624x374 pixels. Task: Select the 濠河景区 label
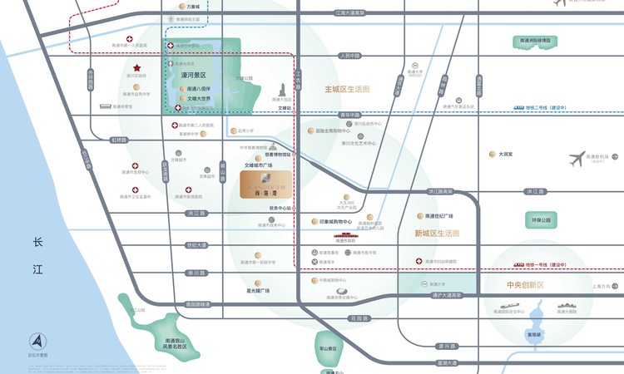[194, 75]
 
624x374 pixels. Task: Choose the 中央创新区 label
[524, 285]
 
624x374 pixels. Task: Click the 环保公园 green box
[542, 220]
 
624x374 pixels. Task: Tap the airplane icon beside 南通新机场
[577, 159]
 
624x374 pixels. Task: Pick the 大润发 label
[506, 154]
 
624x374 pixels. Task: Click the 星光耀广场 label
[258, 290]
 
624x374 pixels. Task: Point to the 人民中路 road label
[349, 56]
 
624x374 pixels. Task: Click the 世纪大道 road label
[196, 244]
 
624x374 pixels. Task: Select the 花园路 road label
[359, 318]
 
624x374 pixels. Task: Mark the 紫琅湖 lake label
[533, 334]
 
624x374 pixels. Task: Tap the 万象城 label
[194, 7]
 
